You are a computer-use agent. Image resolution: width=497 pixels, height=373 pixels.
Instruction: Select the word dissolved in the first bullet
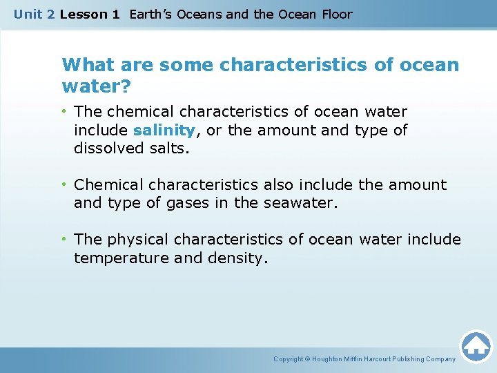106,149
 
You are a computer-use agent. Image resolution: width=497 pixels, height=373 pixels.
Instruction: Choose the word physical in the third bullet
138,240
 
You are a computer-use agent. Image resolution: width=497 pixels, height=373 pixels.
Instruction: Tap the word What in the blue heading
85,65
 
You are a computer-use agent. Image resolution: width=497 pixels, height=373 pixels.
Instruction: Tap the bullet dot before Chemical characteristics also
64,184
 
